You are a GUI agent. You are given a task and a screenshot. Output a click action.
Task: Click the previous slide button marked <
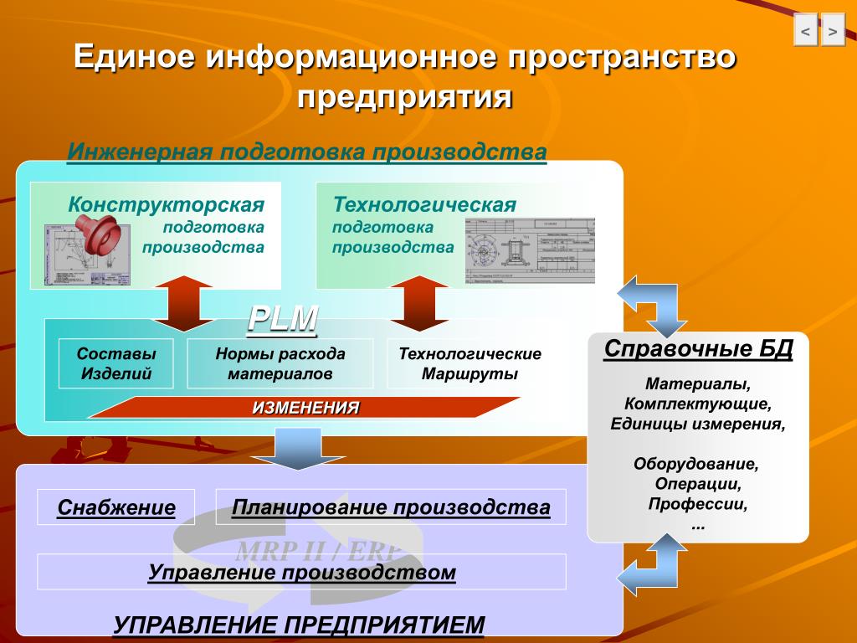click(805, 31)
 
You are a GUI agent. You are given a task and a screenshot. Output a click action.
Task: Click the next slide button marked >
click(833, 31)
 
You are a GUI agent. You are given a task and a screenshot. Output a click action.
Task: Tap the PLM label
click(283, 319)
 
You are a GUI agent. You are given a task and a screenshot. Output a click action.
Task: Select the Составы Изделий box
click(115, 363)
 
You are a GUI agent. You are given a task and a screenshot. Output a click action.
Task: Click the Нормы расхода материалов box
click(280, 363)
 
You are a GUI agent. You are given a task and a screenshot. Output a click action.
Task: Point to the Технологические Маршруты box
click(470, 363)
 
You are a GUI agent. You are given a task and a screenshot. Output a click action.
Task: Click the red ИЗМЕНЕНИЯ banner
click(305, 408)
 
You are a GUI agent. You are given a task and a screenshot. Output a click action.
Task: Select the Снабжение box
click(116, 507)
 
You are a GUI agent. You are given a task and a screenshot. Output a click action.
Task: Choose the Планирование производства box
click(391, 507)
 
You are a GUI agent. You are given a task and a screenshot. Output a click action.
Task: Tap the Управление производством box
click(302, 572)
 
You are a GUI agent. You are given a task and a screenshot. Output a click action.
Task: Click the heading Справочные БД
click(698, 348)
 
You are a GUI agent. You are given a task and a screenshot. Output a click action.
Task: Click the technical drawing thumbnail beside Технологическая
click(530, 250)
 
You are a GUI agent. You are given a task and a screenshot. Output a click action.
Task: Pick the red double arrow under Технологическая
click(419, 304)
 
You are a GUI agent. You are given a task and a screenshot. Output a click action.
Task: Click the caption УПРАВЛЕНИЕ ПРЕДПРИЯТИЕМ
click(299, 625)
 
